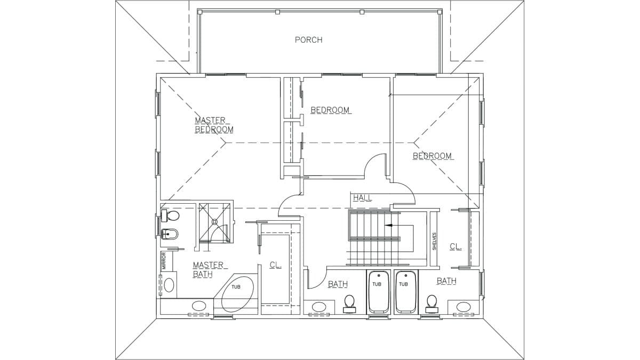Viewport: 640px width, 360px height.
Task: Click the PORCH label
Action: pos(309,39)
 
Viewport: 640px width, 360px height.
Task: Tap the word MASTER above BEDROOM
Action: pos(210,121)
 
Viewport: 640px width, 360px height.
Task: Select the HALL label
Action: pos(363,198)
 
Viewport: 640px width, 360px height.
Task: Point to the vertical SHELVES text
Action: pos(434,242)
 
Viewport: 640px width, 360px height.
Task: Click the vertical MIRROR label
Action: pos(164,261)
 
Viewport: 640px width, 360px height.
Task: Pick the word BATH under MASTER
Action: pos(203,274)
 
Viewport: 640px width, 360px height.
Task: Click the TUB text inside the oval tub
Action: pos(236,287)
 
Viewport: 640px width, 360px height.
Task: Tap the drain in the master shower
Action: pos(214,221)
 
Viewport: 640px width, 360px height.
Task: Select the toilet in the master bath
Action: pos(170,215)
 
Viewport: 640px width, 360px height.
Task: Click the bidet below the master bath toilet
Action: pos(170,235)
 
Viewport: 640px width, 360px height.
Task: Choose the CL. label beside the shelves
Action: pos(455,246)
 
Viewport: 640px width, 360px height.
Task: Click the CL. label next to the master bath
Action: pos(276,265)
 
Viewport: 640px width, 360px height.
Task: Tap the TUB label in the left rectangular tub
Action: pos(377,284)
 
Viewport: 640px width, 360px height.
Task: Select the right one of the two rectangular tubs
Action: pos(405,292)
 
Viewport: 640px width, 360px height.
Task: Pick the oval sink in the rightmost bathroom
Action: pos(463,307)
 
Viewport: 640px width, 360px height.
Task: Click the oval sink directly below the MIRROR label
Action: pos(169,285)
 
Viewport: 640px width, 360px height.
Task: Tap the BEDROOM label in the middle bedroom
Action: pos(330,110)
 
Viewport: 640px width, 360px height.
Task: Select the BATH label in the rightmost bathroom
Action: pos(446,281)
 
